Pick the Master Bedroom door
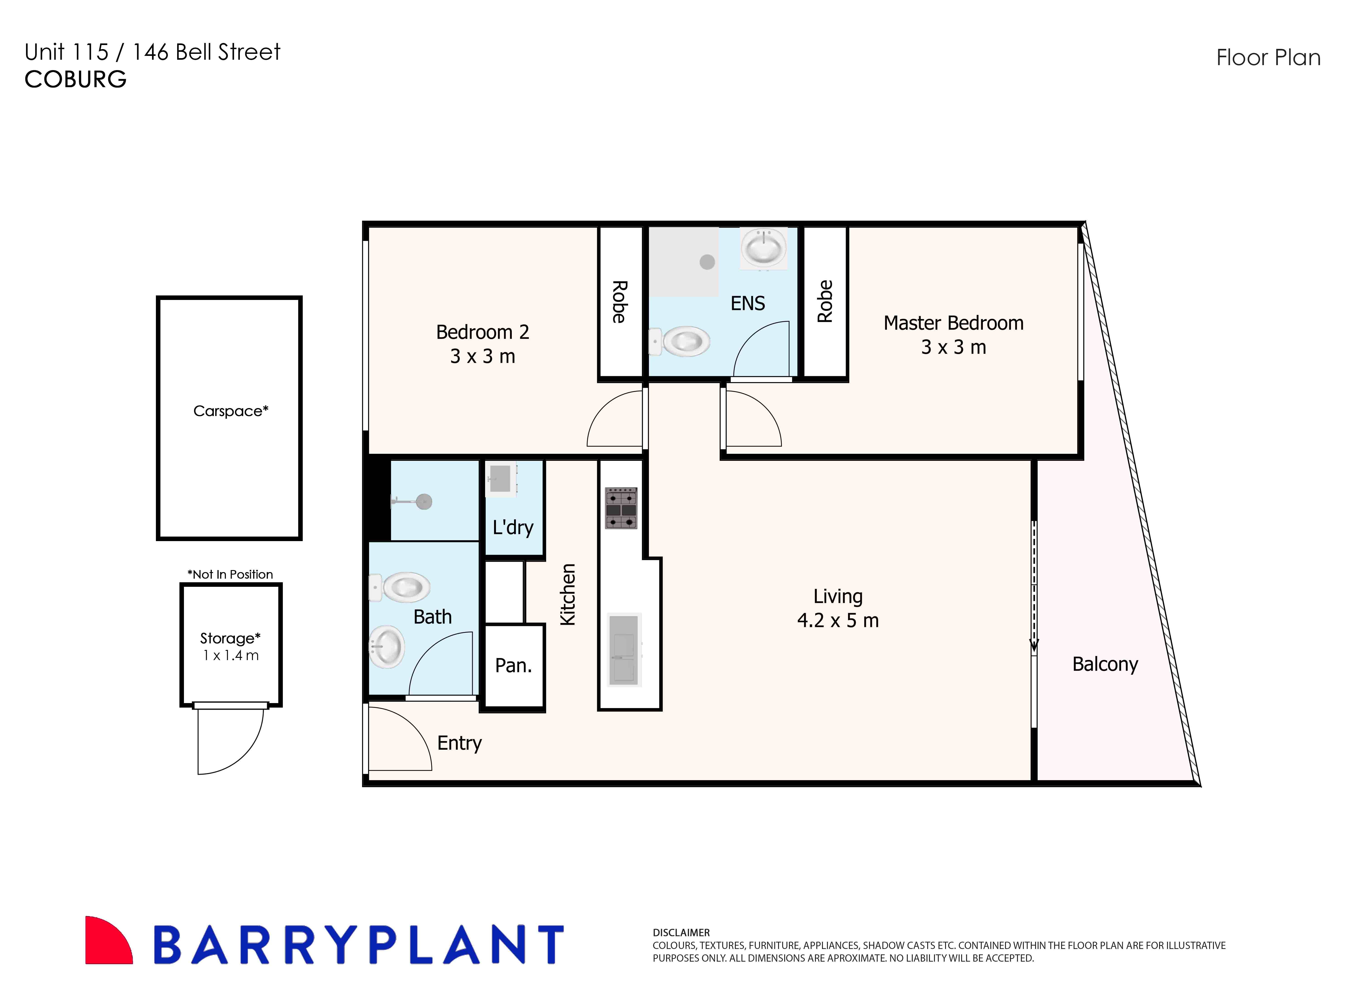(x=752, y=420)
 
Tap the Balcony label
(x=1105, y=664)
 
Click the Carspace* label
(x=231, y=411)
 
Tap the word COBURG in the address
(x=76, y=79)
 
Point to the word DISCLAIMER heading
(x=681, y=932)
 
